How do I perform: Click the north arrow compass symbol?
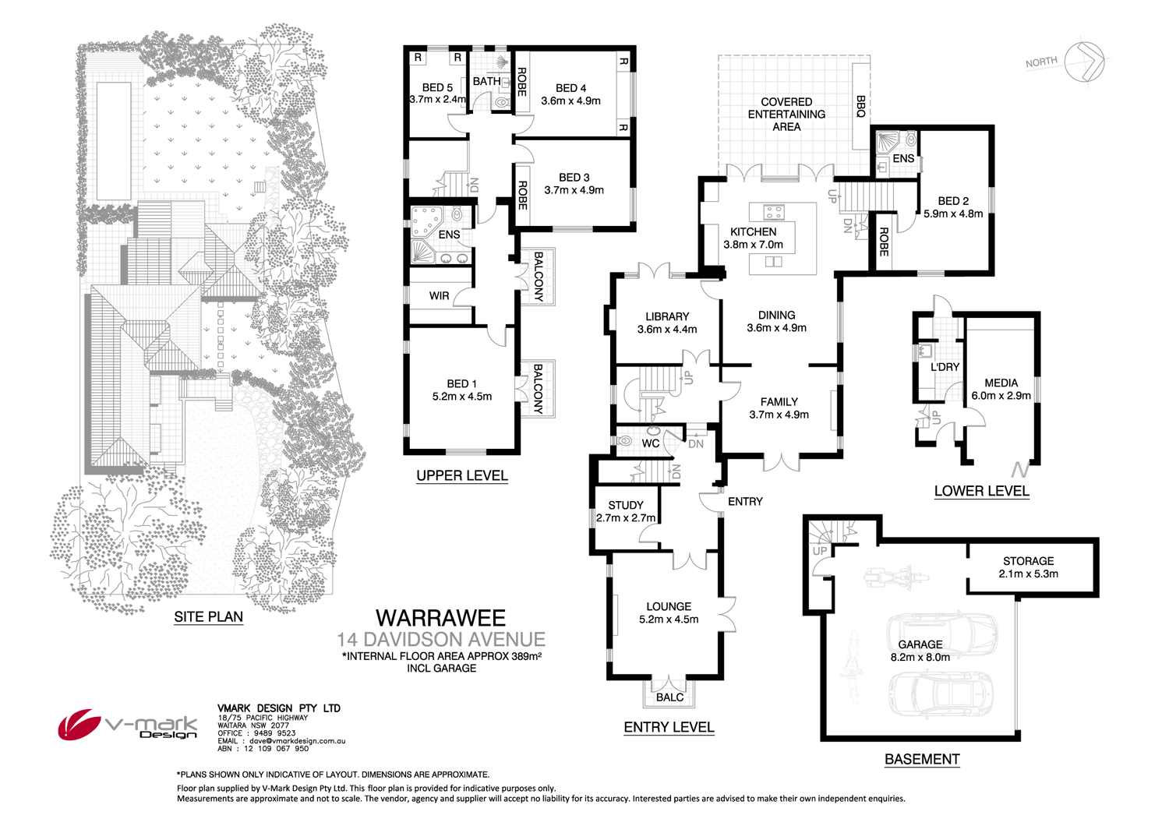click(1084, 61)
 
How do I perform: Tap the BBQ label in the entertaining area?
click(860, 107)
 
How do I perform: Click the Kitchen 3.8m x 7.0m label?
click(753, 238)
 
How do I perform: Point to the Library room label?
click(667, 323)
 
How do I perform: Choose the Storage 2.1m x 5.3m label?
click(1028, 567)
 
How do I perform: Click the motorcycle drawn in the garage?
click(896, 578)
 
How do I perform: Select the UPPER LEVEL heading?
click(461, 475)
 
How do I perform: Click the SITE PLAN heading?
click(208, 616)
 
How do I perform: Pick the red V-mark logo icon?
click(78, 725)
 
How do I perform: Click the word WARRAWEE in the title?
click(440, 618)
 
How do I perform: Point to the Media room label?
click(1001, 389)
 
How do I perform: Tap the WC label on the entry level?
click(651, 443)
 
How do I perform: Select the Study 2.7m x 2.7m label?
click(626, 511)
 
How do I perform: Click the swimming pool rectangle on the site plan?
click(113, 140)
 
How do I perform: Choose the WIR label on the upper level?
click(439, 295)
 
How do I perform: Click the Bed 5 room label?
click(437, 94)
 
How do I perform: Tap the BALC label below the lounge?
click(669, 697)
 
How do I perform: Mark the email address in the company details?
click(281, 741)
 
